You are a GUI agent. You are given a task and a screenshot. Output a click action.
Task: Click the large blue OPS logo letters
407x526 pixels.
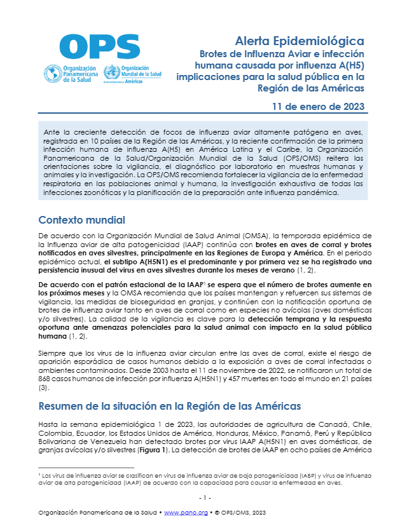tap(100, 45)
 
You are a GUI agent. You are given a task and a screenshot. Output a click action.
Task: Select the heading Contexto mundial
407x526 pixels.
tap(81, 220)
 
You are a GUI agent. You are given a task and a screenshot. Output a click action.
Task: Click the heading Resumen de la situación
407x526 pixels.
tap(169, 406)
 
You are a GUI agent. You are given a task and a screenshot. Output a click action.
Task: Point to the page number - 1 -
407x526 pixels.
tap(203, 497)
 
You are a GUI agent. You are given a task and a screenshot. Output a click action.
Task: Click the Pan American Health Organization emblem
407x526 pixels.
tap(50, 72)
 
